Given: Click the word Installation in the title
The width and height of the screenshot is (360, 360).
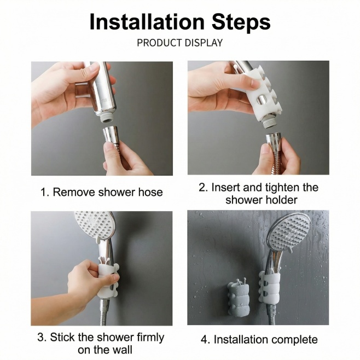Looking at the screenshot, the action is pyautogui.click(x=147, y=22).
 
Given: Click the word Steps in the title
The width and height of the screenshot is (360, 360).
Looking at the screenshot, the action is pyautogui.click(x=241, y=23).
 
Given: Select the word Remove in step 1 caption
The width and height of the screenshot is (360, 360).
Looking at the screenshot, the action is pyautogui.click(x=74, y=192).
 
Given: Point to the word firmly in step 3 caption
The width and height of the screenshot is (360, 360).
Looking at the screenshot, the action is pyautogui.click(x=150, y=338).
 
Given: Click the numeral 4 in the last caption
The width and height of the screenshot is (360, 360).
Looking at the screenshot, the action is pyautogui.click(x=204, y=340).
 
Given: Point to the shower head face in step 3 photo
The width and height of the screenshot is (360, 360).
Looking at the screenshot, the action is pyautogui.click(x=95, y=226).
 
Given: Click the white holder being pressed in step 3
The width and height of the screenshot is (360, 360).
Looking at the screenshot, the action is pyautogui.click(x=108, y=278).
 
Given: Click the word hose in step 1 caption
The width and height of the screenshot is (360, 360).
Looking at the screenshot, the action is pyautogui.click(x=150, y=192).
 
